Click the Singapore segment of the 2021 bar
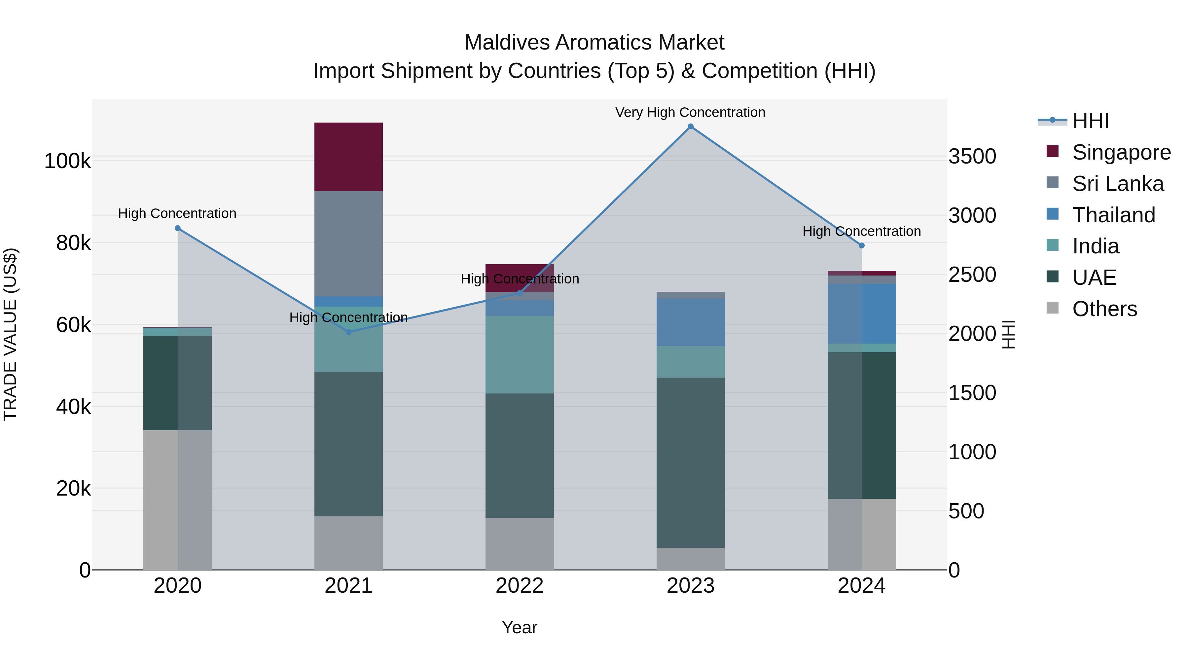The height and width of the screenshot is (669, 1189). (x=348, y=157)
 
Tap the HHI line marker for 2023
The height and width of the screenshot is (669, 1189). (x=691, y=127)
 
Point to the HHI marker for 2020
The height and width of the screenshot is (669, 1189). (x=178, y=228)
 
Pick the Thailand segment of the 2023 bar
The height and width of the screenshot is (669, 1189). (x=691, y=322)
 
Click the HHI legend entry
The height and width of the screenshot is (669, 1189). (x=1090, y=121)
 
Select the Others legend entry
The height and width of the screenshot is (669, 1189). (x=1104, y=309)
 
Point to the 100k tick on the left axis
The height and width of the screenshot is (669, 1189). (x=67, y=161)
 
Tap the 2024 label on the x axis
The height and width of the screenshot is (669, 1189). (x=861, y=586)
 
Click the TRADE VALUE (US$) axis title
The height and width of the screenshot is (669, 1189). (x=10, y=334)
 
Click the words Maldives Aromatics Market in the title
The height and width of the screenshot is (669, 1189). (x=594, y=43)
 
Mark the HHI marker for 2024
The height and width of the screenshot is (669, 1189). (x=861, y=245)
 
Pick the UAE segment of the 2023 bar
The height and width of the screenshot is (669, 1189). (x=691, y=462)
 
